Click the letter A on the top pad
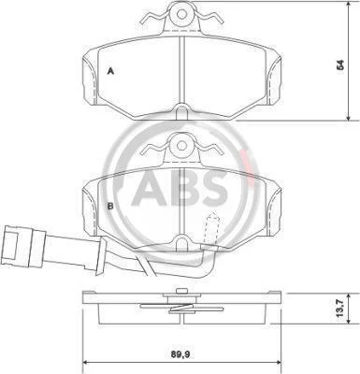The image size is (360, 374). coord(110,71)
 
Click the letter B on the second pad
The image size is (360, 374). coord(110,206)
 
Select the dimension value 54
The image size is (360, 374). coord(341,65)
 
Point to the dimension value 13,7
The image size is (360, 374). coord(340,309)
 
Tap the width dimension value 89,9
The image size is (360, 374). coord(180,354)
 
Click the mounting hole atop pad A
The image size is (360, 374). coord(182,13)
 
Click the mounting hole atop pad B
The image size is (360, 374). coord(182,145)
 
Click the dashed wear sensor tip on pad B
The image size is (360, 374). coord(212,228)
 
